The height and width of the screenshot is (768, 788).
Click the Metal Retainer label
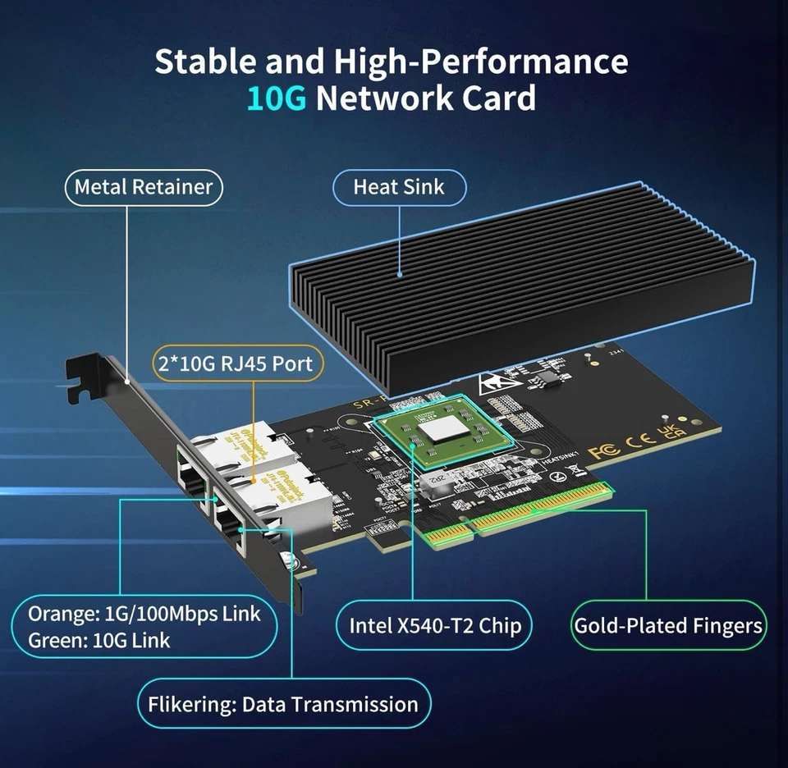144,187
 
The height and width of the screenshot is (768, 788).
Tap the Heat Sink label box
399,187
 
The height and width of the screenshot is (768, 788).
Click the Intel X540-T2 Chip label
435,625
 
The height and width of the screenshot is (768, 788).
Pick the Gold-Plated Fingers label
668,625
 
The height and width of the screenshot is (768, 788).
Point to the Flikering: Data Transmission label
283,704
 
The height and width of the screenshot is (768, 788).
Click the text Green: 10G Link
99,640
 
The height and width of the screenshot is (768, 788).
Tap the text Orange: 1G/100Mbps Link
144,613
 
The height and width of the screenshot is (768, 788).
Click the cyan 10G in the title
277,98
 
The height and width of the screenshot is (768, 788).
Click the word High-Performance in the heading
480,62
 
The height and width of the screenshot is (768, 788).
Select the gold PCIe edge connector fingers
525,513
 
